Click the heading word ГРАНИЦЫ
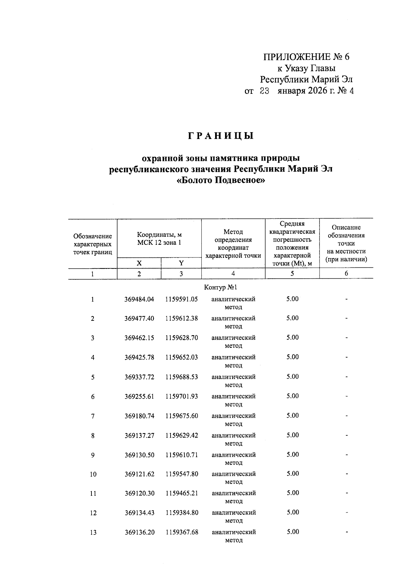coord(221,136)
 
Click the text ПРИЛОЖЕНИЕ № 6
coord(306,57)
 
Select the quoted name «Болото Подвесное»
coord(221,180)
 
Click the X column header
coord(139,263)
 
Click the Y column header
coord(181,263)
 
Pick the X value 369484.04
coord(139,299)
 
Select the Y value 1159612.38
coord(182,318)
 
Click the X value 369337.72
coord(139,377)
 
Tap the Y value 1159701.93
coord(182,396)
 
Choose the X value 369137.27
coord(139,435)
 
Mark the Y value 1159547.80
coord(182,474)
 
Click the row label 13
coord(93,533)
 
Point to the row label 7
coord(93,416)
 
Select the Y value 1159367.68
coord(182,532)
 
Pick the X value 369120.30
coord(139,493)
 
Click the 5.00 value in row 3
coord(292,338)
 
